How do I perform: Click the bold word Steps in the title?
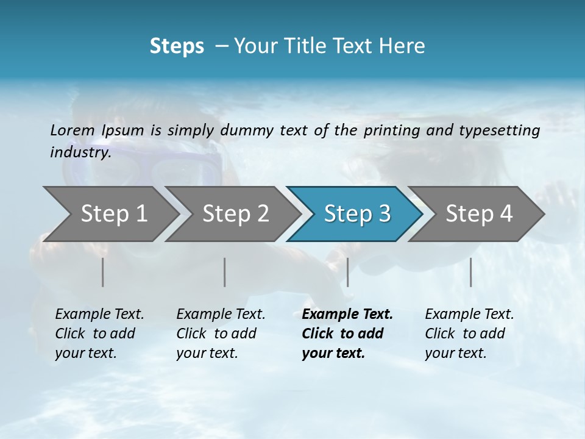[x=177, y=46]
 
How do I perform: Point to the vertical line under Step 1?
[x=103, y=272]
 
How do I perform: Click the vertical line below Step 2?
[x=225, y=272]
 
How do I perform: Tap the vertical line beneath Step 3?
[x=347, y=272]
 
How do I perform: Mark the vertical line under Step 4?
[x=470, y=272]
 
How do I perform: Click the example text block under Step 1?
[x=99, y=334]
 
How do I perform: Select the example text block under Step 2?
[x=221, y=334]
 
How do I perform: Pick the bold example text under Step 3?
[x=347, y=334]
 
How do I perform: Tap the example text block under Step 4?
[x=469, y=334]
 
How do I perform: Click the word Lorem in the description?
[x=73, y=130]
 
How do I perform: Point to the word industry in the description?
[x=79, y=152]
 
